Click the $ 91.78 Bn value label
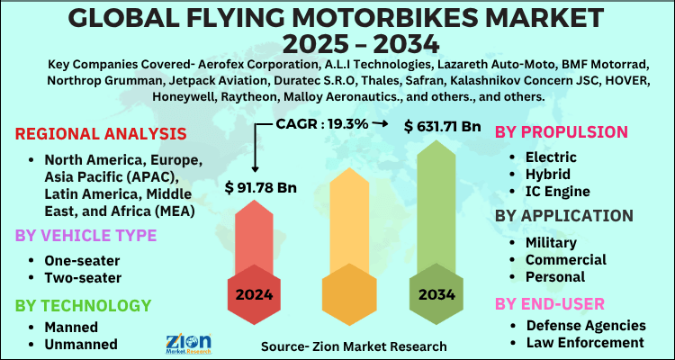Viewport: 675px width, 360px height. coord(261,190)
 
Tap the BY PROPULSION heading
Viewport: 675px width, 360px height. coord(562,132)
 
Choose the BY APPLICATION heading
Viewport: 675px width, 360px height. coord(563,215)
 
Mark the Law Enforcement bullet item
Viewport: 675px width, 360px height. coord(586,342)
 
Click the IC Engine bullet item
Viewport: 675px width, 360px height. coord(556,191)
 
